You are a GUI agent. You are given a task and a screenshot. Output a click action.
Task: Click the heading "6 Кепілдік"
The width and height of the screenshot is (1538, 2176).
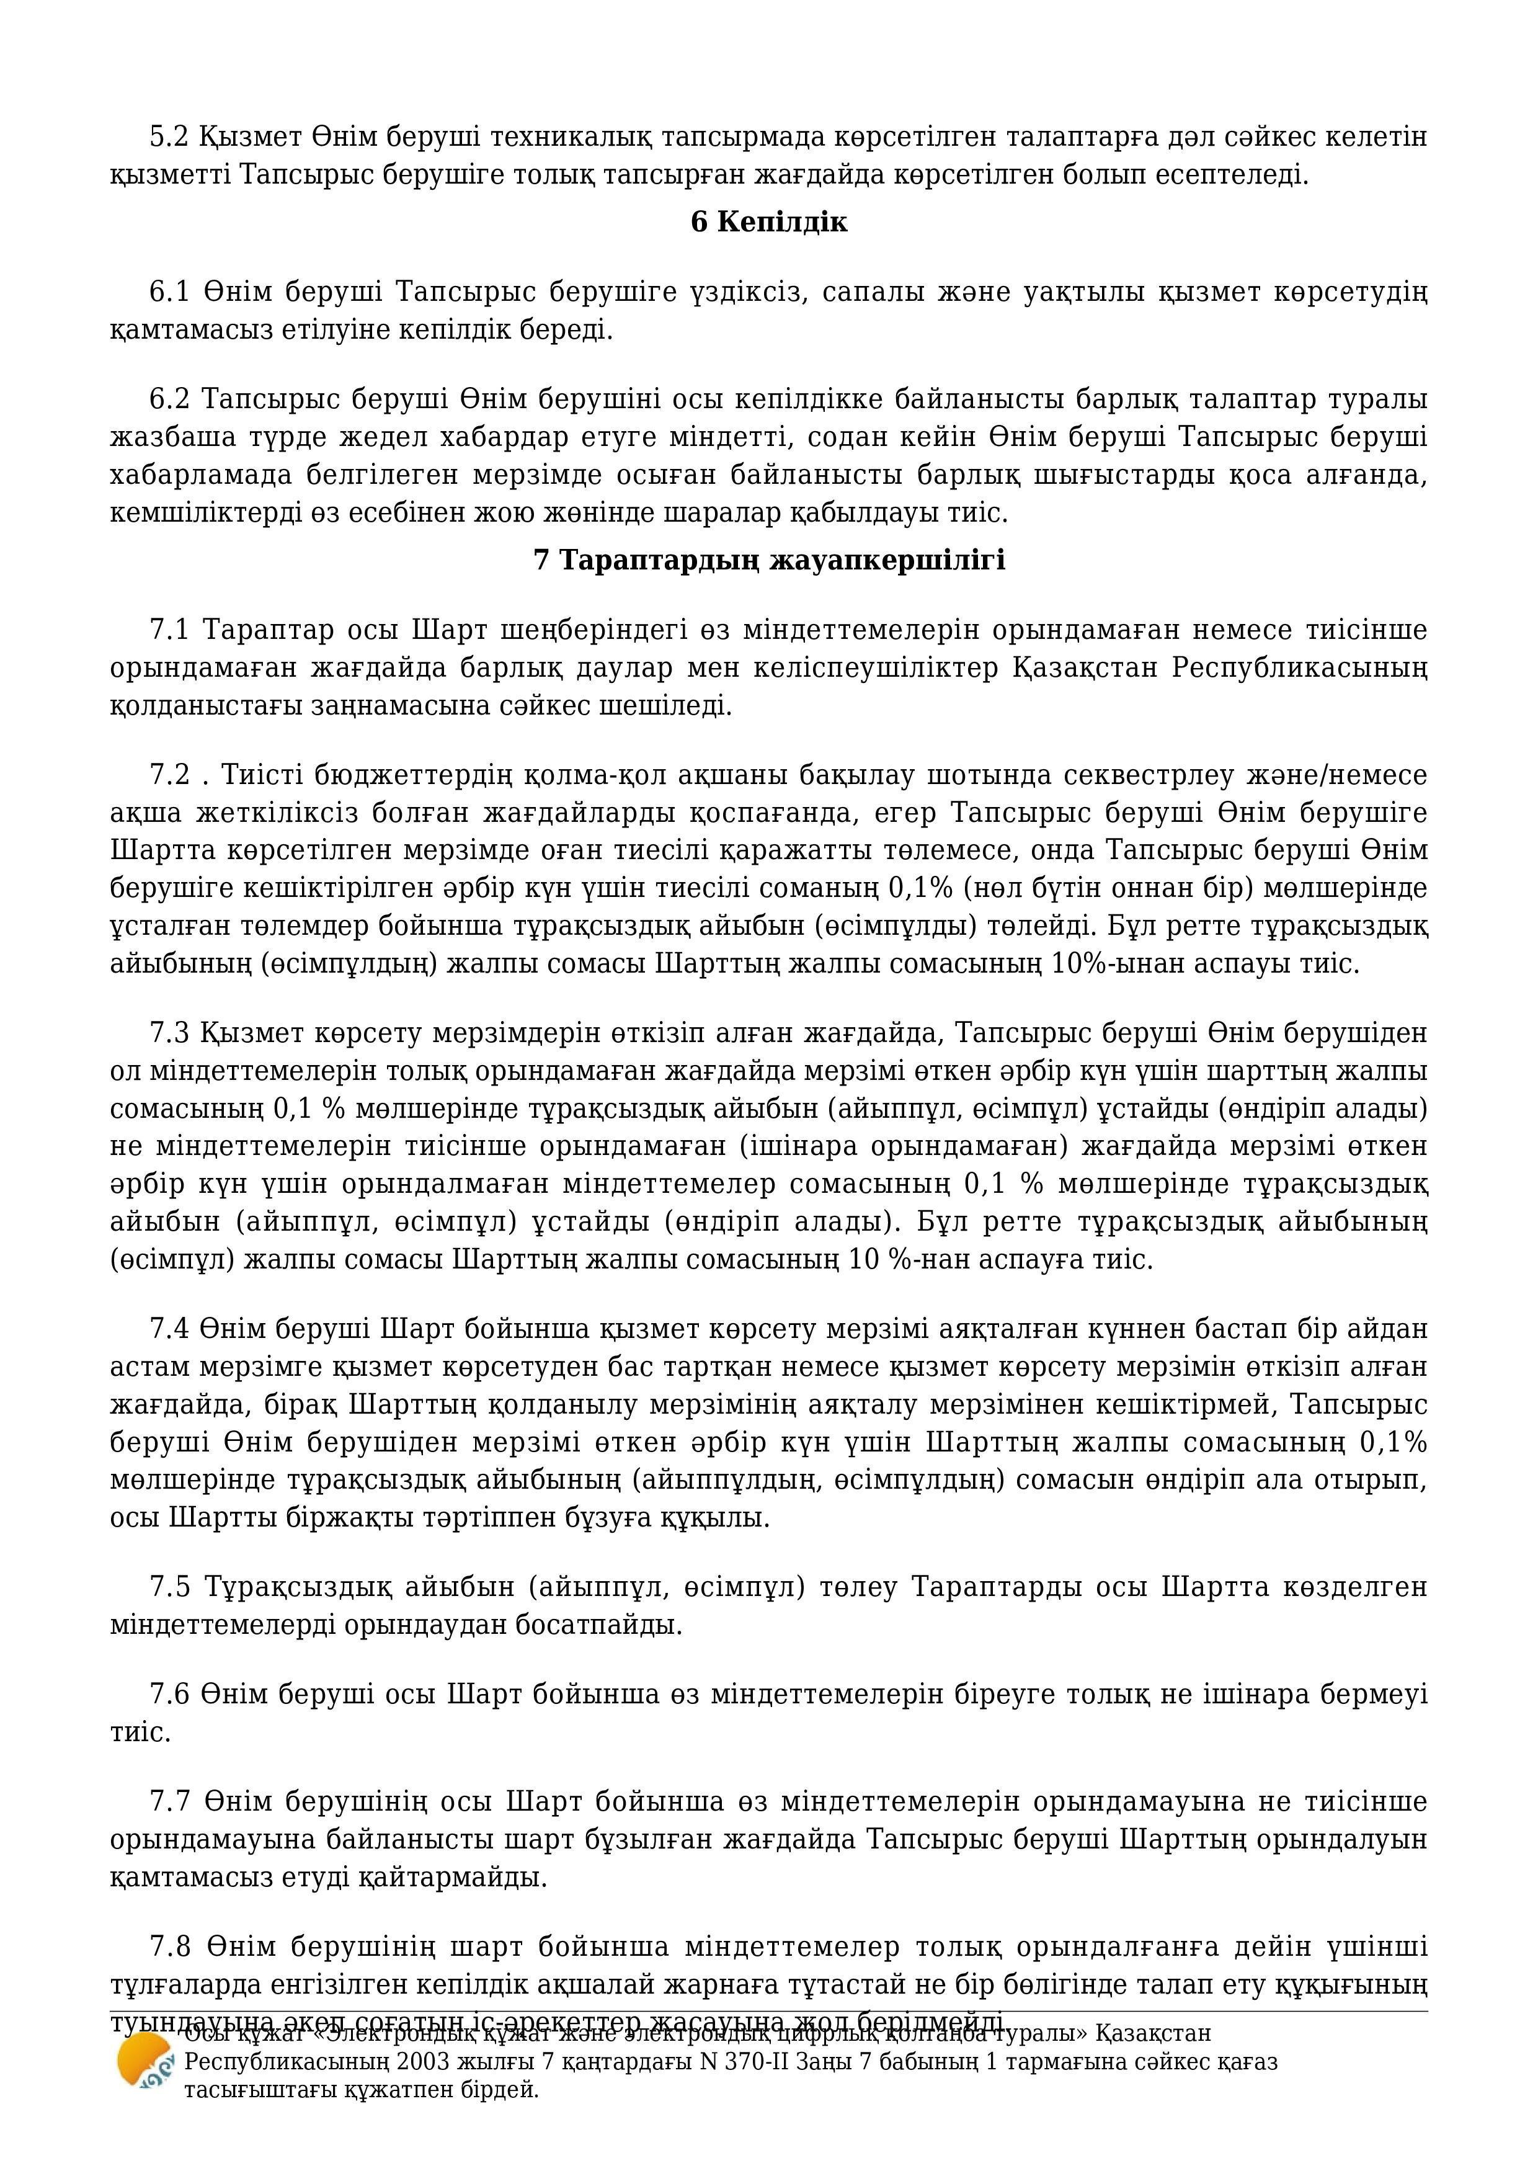[x=768, y=223]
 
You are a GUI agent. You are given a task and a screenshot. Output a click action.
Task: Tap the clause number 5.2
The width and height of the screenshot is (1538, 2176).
[x=170, y=138]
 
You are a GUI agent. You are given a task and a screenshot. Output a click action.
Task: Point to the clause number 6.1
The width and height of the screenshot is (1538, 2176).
[x=170, y=292]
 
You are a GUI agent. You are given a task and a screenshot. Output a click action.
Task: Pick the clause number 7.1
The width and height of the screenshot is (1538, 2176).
[x=170, y=630]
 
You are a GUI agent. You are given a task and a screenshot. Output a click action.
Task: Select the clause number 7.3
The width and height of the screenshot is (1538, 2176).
[x=170, y=1032]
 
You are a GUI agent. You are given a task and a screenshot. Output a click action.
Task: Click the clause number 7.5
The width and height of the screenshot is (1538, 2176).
[x=170, y=1587]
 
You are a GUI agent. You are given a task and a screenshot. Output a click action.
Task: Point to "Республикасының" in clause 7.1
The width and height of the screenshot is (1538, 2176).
[x=1298, y=668]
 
